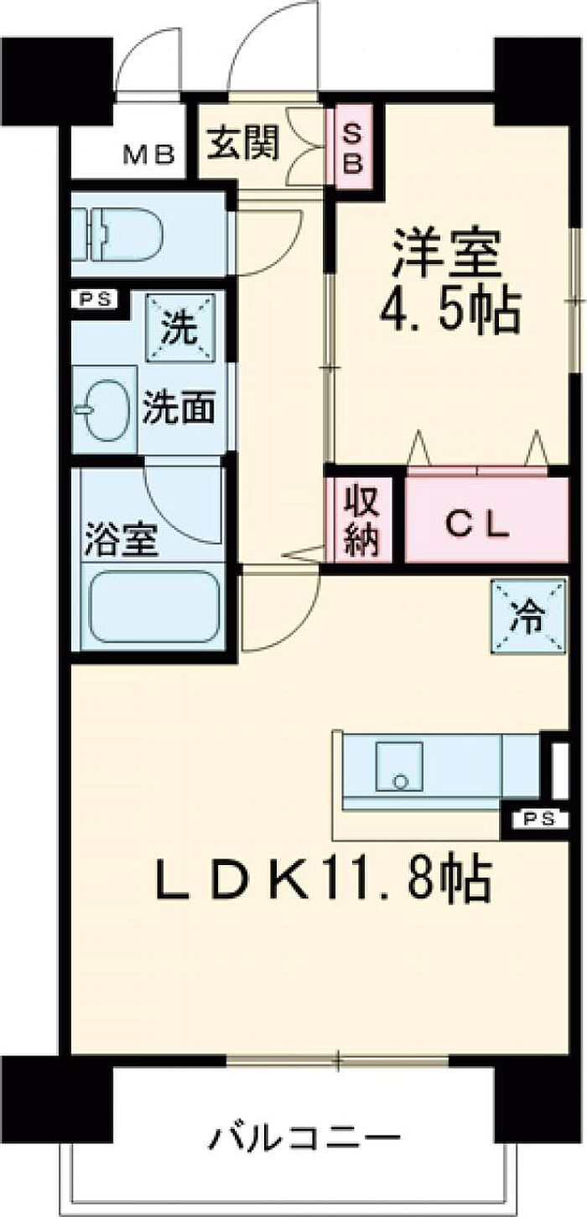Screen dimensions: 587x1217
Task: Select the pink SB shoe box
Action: (x=353, y=146)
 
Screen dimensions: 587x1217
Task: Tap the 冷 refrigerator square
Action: (x=528, y=616)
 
